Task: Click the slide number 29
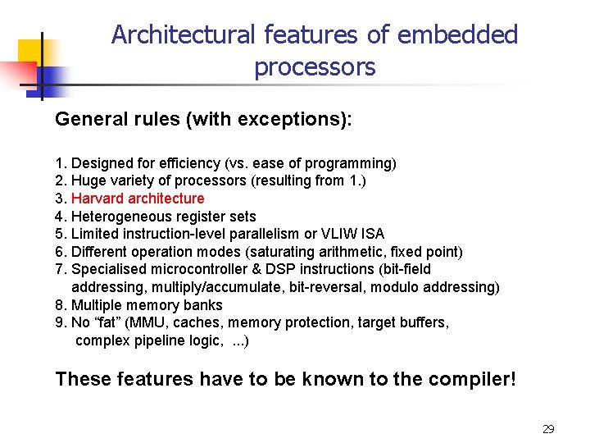548,429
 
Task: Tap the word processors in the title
315,66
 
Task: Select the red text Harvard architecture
138,199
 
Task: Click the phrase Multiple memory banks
147,305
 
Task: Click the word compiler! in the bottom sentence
474,380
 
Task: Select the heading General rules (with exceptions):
203,120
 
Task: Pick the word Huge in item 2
87,181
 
